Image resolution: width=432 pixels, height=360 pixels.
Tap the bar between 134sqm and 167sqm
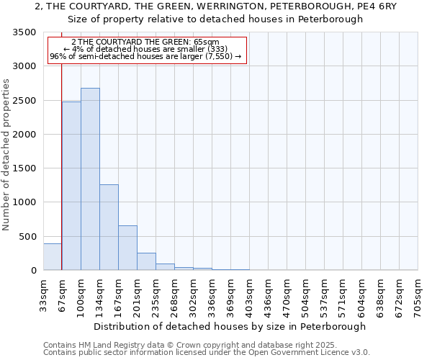pos(109,227)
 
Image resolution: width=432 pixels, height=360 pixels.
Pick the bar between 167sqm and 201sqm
pos(127,248)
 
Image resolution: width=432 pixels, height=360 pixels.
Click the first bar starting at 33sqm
pos(53,257)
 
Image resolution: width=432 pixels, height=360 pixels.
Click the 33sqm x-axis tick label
pos(44,292)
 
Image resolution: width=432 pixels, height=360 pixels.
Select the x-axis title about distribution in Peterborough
pos(230,326)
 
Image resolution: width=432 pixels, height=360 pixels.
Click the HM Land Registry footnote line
pos(190,345)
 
